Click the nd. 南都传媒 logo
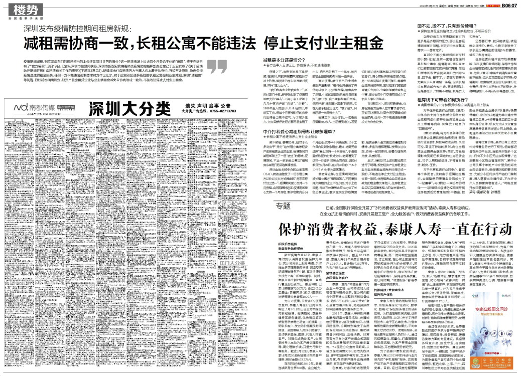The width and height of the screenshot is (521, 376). [29, 108]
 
